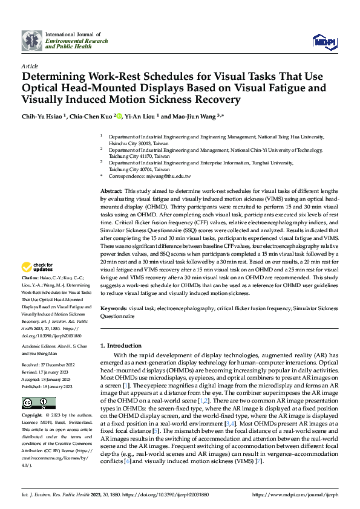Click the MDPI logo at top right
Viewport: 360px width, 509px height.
tap(324, 41)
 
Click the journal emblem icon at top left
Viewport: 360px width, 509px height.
tap(32, 40)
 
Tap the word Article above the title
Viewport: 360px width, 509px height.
tap(30, 65)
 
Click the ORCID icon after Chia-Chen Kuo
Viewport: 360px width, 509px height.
tap(119, 117)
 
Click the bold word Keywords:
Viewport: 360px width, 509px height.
tap(116, 307)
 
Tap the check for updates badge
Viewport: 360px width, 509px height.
tap(38, 267)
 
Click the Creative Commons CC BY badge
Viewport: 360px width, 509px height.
tap(35, 403)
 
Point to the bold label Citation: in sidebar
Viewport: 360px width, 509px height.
tap(31, 277)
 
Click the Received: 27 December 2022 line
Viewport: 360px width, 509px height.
tap(48, 365)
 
